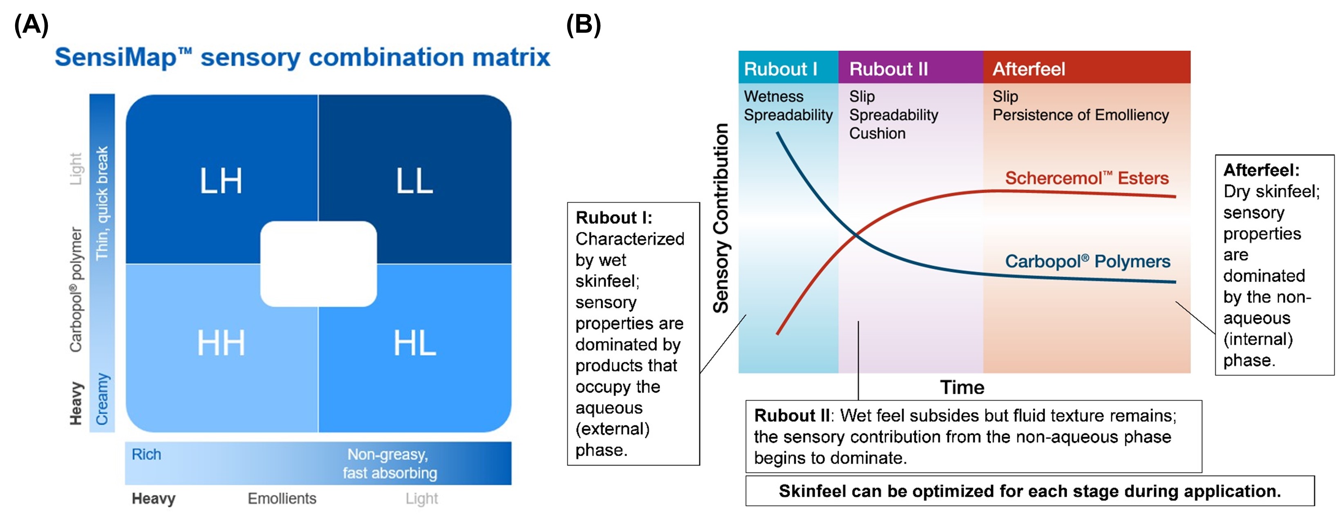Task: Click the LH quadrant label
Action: (221, 181)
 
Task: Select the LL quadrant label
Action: (414, 181)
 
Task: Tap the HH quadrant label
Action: (221, 343)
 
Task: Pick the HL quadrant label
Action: (414, 343)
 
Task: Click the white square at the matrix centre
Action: (318, 264)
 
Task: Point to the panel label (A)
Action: (31, 25)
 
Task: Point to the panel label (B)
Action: (584, 25)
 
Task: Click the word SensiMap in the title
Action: (116, 57)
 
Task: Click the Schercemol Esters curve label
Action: (1087, 178)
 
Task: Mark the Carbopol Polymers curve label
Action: (1088, 261)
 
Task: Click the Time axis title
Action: (962, 387)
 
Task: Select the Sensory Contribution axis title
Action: (721, 218)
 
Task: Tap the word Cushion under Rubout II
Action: (877, 133)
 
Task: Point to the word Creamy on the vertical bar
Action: (103, 399)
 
